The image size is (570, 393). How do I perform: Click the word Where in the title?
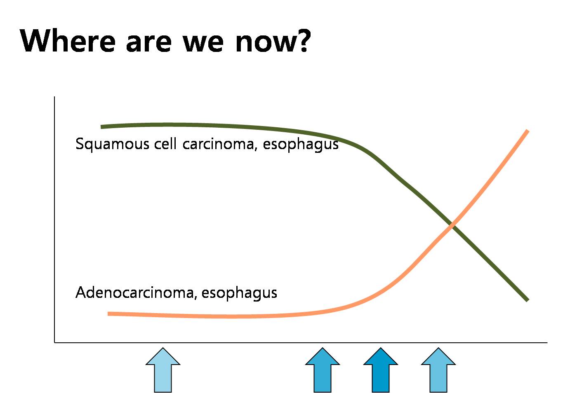point(67,40)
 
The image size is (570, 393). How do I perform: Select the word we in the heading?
point(203,43)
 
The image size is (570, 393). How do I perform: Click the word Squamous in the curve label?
point(112,144)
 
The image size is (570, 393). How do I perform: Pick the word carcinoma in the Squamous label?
point(219,144)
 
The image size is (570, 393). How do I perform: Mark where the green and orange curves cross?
point(452,225)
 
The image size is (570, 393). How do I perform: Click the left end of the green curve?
point(101,127)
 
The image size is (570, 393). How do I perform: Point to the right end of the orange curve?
point(528,131)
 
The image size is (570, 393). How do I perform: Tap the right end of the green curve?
point(528,300)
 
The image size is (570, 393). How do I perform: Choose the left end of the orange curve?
point(108,314)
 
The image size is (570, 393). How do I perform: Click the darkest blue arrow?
point(380,370)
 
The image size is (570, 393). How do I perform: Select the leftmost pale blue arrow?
point(163,370)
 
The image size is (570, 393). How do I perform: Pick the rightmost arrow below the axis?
point(438,370)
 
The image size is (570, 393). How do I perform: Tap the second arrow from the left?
point(323,370)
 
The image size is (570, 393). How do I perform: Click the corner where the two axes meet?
point(54,343)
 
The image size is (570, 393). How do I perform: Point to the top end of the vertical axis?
point(54,97)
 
